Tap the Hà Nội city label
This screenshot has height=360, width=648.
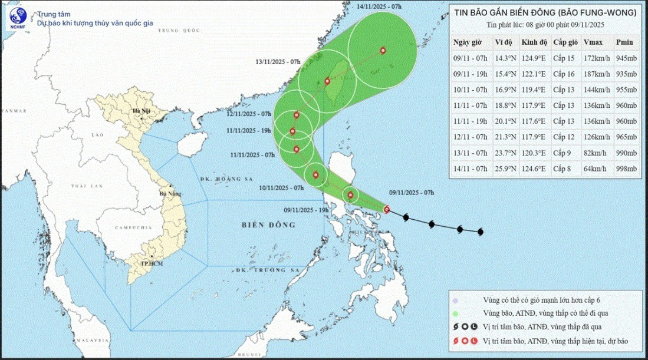point(141,111)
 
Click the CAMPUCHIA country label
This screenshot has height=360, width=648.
point(119,228)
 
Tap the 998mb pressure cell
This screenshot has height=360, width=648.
point(626,169)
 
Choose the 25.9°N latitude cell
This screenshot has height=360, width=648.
point(505,169)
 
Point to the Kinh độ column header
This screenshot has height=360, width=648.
point(534,42)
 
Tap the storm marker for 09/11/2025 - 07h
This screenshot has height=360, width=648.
point(387,209)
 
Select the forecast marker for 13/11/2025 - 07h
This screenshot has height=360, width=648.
point(327,81)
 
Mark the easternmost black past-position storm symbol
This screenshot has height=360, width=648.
point(480,232)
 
